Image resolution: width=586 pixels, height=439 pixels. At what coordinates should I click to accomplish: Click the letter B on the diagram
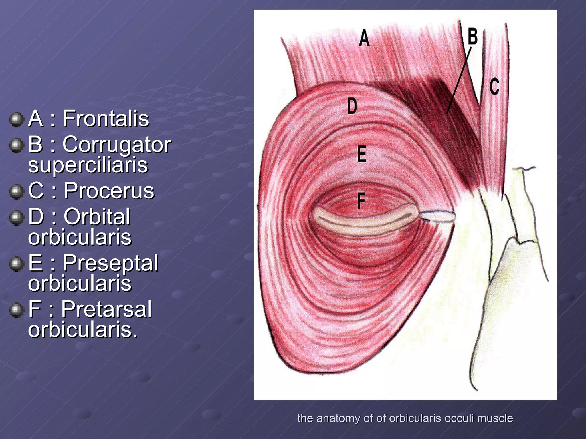(x=472, y=37)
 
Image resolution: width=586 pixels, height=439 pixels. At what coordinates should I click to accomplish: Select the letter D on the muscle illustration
(x=352, y=106)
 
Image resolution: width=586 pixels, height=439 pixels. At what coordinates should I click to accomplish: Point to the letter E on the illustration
(x=362, y=154)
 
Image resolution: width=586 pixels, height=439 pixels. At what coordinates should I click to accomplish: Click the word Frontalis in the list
(x=106, y=119)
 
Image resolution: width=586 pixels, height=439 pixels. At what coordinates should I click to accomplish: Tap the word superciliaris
(x=88, y=165)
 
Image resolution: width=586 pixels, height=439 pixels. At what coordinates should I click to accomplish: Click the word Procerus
(x=109, y=191)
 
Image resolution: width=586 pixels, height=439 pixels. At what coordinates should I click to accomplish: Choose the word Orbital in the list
(x=97, y=217)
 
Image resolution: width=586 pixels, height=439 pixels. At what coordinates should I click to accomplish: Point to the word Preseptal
(x=110, y=263)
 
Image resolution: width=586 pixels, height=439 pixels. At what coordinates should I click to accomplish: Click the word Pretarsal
(x=106, y=309)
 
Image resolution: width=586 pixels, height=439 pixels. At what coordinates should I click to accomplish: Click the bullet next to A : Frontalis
(x=16, y=119)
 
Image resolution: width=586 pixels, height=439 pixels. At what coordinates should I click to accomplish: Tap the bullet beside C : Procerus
(x=16, y=191)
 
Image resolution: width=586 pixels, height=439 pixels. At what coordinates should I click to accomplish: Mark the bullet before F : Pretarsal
(x=16, y=310)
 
